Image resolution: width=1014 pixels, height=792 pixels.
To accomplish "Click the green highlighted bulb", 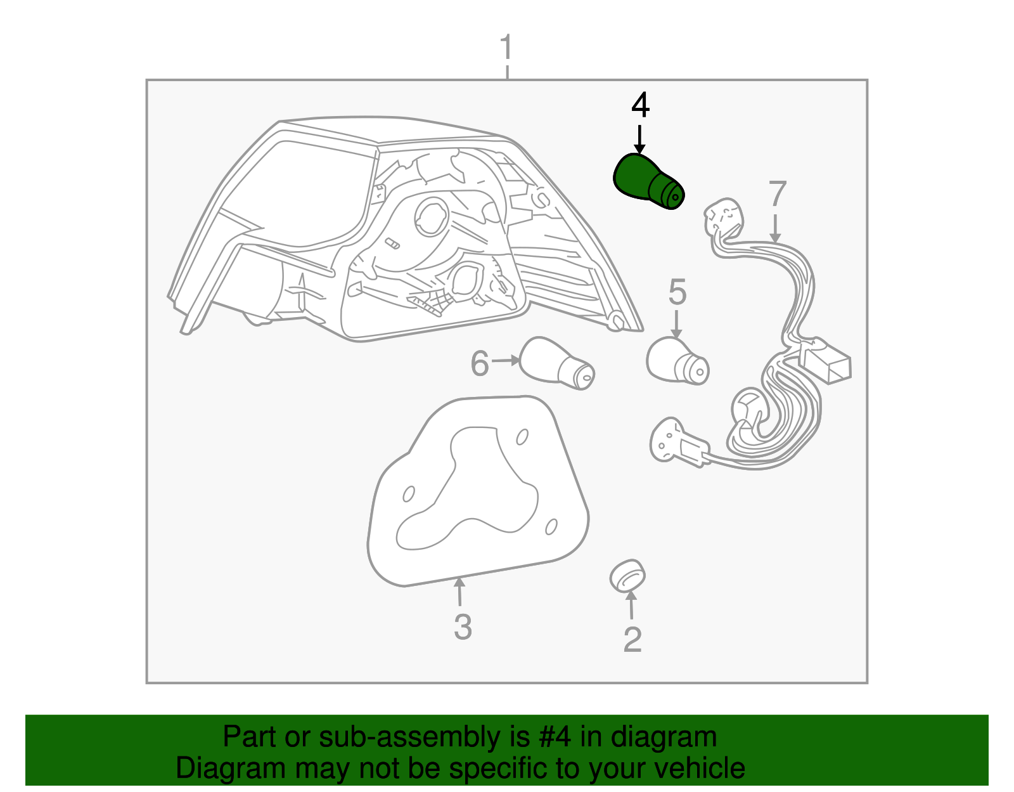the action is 648,181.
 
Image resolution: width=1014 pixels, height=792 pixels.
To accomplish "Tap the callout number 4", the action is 640,105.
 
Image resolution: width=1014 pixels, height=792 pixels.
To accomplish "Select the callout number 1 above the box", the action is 507,47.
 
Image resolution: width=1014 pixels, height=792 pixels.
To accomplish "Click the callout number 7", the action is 778,193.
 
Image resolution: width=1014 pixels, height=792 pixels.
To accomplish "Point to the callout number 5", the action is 677,292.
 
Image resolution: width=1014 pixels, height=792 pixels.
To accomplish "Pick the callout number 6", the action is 480,363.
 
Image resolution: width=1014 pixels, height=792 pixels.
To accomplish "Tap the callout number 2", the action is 632,640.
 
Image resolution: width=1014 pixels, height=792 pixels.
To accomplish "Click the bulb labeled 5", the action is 677,361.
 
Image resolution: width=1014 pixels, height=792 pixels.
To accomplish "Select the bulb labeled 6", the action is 557,363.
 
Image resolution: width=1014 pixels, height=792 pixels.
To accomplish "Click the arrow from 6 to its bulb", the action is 505,360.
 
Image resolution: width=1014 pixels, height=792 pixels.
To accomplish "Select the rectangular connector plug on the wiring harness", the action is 825,361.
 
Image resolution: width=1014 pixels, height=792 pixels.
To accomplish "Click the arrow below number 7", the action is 775,228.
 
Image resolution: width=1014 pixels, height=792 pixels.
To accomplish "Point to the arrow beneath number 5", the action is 676,324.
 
